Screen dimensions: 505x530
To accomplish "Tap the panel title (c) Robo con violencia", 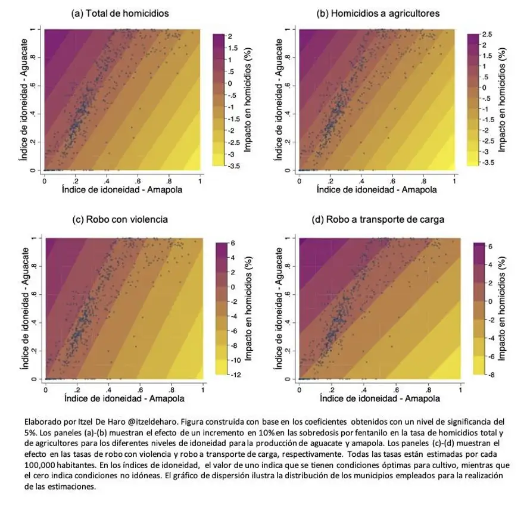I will click(120, 220).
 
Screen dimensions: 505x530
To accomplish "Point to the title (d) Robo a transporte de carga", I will click(378, 220).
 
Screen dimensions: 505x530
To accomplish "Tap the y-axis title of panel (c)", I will click(24, 308).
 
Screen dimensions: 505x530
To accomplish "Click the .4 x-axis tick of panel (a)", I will click(107, 180).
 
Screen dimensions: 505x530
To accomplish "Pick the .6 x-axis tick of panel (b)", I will click(393, 180).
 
